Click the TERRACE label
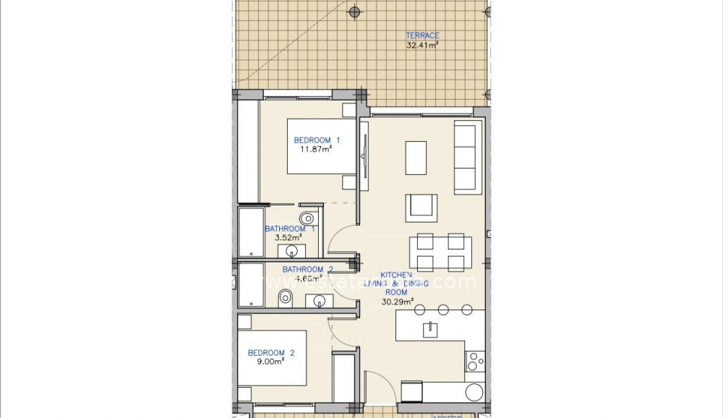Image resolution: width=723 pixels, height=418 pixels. point(422,35)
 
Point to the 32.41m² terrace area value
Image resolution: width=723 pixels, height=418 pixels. point(422,45)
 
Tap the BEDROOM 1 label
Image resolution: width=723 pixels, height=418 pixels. point(317,140)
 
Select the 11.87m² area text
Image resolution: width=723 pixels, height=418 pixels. point(317,150)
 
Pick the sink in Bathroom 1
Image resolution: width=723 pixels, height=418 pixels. point(292,251)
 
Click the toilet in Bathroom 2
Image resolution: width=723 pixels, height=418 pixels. point(286,296)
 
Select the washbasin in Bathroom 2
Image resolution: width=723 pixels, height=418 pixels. point(317,300)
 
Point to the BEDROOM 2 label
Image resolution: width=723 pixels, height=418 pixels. point(271,353)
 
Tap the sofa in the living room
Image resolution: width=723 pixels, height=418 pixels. point(467,158)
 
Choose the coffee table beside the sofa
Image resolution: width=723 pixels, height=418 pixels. point(416,158)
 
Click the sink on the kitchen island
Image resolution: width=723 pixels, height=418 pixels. point(431,329)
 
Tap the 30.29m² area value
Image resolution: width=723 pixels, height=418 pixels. point(398,302)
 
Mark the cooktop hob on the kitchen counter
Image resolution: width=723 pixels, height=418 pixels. point(474,361)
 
